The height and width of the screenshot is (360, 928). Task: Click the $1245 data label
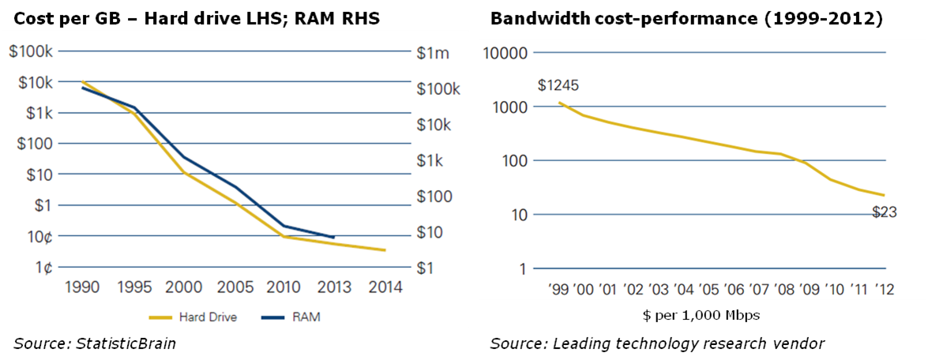[x=558, y=85]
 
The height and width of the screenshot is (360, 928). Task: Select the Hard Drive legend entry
[x=193, y=317]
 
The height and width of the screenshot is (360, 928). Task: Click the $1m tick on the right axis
[x=432, y=53]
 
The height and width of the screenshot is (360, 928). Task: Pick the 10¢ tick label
[x=39, y=236]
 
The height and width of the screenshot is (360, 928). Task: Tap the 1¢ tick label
[x=43, y=267]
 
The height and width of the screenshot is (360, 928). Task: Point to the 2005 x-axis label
[x=234, y=287]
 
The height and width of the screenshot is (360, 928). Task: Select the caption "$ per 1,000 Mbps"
[x=689, y=316]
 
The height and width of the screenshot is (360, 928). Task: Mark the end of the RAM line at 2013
[x=333, y=237]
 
